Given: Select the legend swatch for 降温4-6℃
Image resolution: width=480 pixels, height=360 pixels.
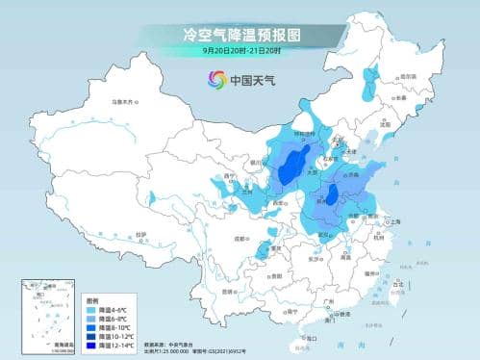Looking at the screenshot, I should coord(92,308).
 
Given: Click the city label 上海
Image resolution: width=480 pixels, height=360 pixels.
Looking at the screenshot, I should coord(395,220).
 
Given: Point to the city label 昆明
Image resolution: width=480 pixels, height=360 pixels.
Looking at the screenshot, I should coord(228,290).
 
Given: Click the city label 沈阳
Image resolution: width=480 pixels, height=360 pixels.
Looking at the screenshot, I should coord(388,124).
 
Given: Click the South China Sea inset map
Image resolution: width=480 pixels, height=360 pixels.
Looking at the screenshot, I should coord(49,312).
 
